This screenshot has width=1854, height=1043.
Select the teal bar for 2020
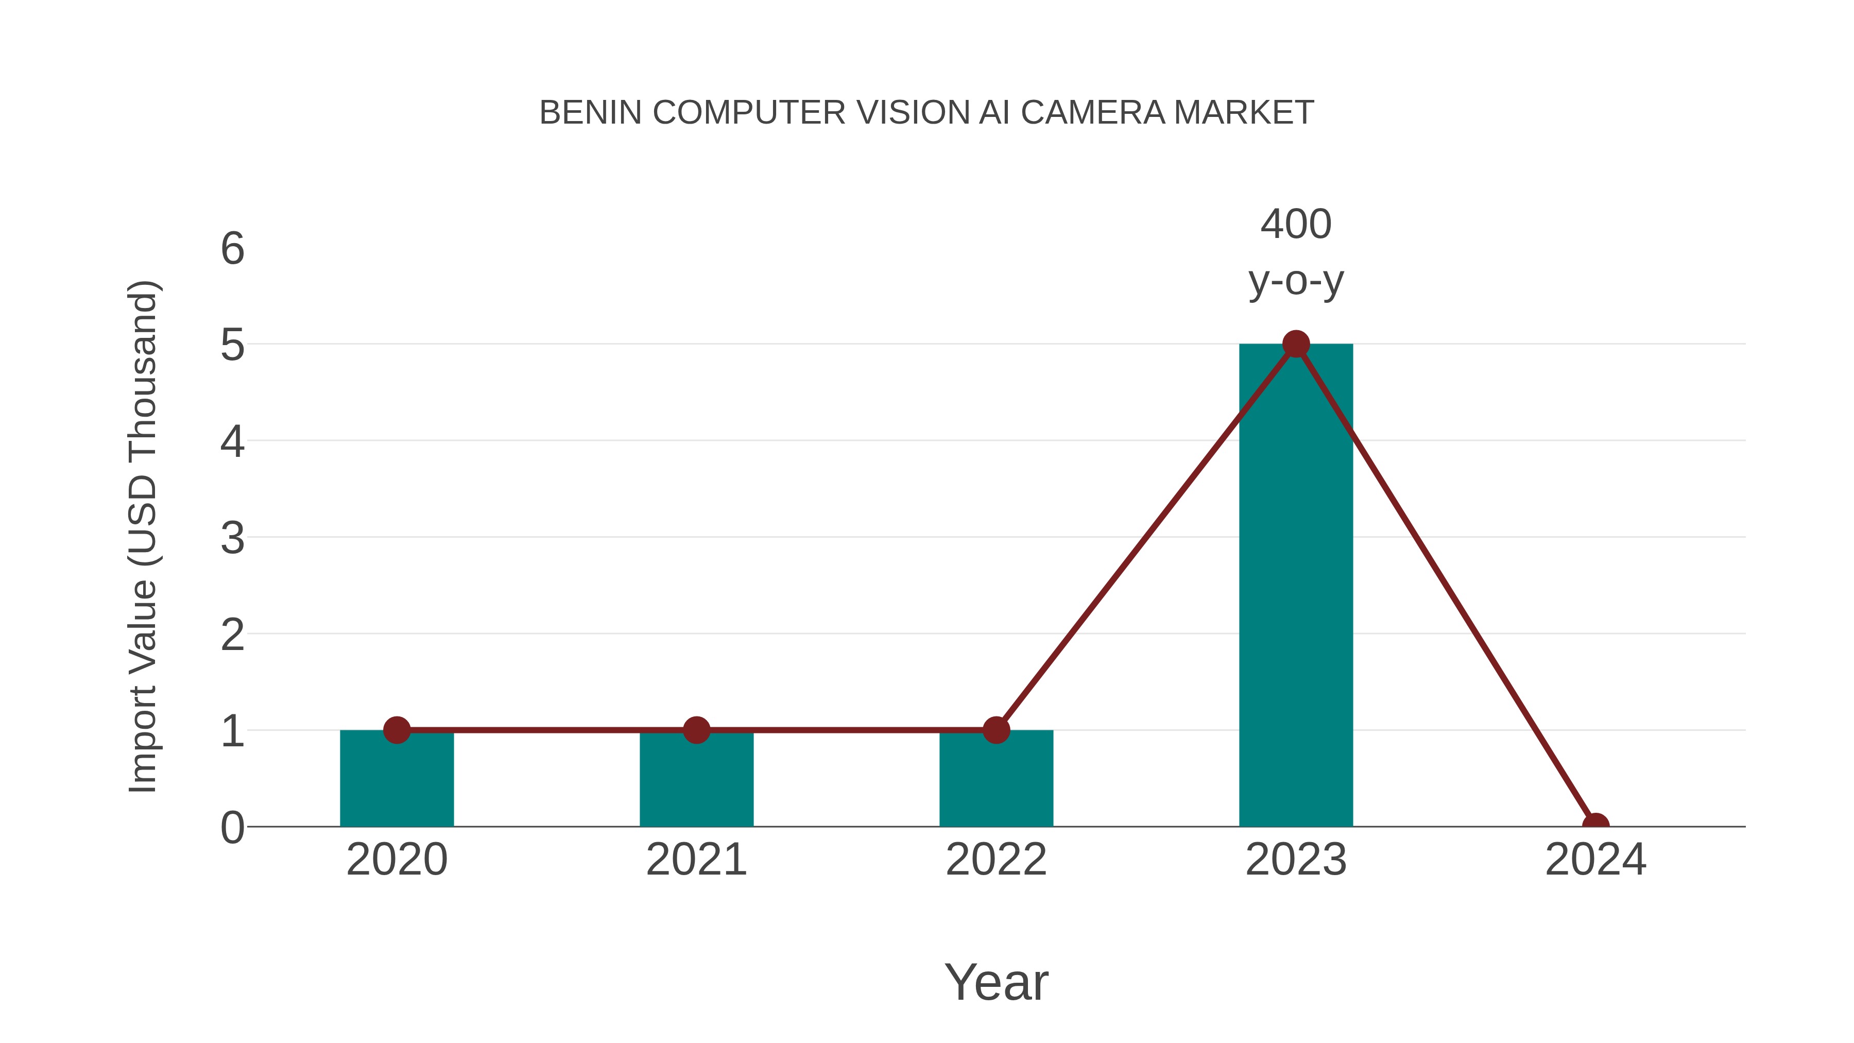tap(397, 781)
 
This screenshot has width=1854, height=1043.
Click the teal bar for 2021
tap(696, 781)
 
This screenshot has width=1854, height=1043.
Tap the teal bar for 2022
tap(996, 781)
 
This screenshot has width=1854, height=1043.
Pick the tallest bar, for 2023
tap(1296, 590)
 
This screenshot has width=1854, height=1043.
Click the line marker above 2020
tap(397, 730)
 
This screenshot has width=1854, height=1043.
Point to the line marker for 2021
tap(696, 730)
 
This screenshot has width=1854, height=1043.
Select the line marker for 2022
tap(996, 730)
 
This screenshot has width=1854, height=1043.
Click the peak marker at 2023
tap(1296, 344)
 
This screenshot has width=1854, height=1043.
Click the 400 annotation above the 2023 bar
tap(1296, 224)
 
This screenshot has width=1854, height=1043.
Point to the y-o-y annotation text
tap(1296, 281)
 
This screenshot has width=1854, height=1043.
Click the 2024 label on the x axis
tap(1595, 860)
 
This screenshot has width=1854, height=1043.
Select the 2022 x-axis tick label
tap(996, 860)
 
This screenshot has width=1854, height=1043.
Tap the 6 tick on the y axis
tap(232, 249)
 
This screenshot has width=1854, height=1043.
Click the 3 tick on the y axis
tap(232, 538)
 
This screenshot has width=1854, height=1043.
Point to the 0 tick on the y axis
tap(232, 828)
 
